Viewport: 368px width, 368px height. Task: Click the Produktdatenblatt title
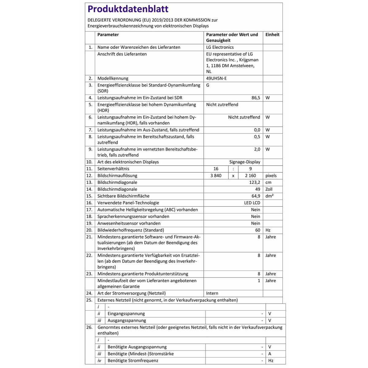click(x=128, y=9)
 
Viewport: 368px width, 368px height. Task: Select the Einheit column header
click(x=272, y=35)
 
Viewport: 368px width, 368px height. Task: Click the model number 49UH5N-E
click(x=217, y=78)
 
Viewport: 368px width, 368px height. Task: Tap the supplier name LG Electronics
click(x=220, y=47)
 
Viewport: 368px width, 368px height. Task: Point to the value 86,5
click(x=256, y=98)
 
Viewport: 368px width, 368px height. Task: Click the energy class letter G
click(x=208, y=85)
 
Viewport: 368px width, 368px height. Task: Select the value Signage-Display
click(x=245, y=162)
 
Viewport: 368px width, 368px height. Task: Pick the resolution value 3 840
click(x=216, y=176)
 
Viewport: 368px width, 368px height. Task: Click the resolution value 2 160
click(x=250, y=176)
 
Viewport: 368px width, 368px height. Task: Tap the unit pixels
click(x=271, y=176)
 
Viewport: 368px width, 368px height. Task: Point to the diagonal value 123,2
click(x=255, y=182)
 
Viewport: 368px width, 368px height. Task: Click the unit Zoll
click(x=269, y=189)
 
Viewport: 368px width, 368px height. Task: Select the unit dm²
click(x=270, y=196)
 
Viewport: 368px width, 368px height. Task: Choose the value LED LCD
click(x=252, y=203)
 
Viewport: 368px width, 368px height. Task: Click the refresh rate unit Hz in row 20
click(x=268, y=230)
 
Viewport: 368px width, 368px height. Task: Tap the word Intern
click(x=212, y=293)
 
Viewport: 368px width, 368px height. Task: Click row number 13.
click(x=89, y=182)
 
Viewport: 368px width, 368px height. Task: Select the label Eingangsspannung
click(x=126, y=314)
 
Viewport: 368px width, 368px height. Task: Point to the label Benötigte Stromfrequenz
click(x=133, y=361)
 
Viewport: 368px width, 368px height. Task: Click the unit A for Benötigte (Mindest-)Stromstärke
click(x=270, y=354)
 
